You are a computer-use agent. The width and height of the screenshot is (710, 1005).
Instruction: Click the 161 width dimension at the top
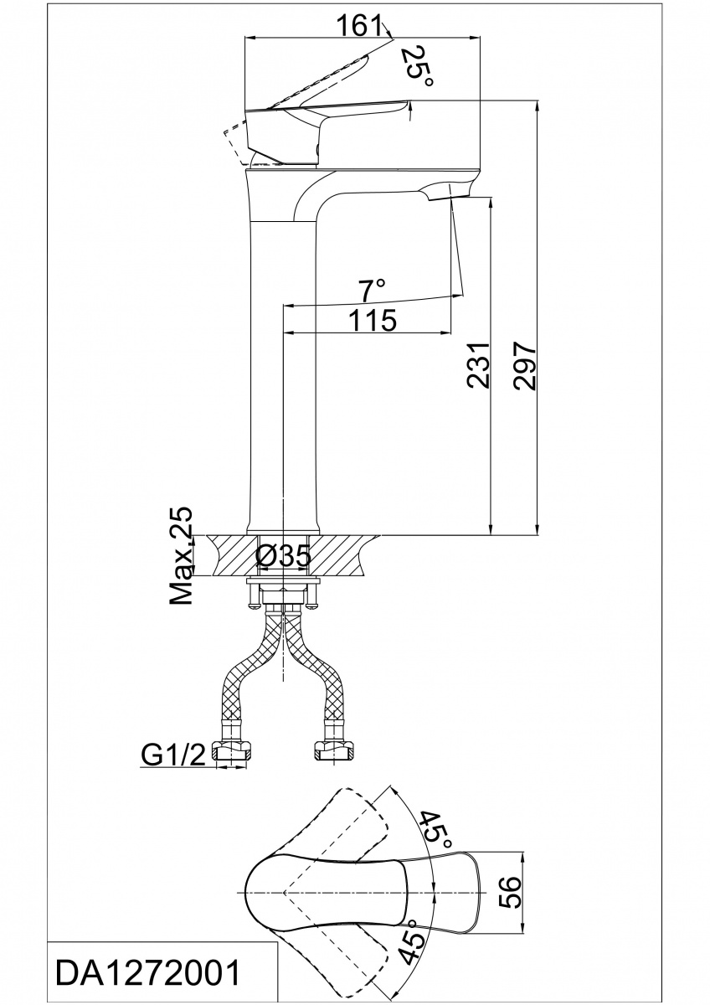coord(358,26)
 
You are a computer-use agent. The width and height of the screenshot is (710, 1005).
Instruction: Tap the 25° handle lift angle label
coord(417,66)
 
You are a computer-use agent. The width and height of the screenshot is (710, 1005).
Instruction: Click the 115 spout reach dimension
coord(373,320)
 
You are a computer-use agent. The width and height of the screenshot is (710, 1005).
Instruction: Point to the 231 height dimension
coord(478,366)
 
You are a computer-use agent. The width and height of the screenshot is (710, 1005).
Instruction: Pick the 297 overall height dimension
coord(525,366)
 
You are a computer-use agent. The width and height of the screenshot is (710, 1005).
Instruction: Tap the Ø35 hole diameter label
coord(283,557)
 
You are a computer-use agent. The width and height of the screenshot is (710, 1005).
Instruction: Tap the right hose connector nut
coord(336,750)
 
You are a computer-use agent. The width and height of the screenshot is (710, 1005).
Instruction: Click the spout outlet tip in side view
coord(450,198)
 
